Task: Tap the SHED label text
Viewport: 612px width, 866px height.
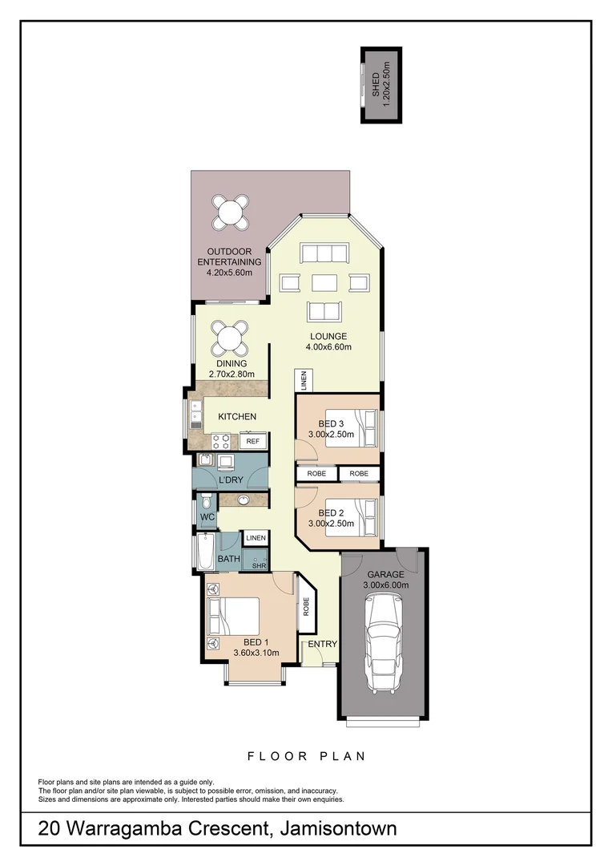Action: click(376, 84)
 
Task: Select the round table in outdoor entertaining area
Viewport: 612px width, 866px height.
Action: click(229, 213)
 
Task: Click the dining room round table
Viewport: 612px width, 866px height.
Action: click(229, 338)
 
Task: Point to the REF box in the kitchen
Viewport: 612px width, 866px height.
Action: click(253, 442)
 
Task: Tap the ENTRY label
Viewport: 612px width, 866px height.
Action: click(322, 644)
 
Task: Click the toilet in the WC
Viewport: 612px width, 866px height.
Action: click(206, 504)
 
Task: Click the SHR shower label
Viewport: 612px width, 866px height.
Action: click(258, 565)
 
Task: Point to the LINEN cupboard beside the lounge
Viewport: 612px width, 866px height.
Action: click(304, 380)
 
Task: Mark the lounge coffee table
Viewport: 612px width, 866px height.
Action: click(324, 282)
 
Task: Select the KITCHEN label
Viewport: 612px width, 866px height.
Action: click(237, 416)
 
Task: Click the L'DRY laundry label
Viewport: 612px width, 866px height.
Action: click(231, 480)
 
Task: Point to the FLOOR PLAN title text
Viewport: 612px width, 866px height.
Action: click(306, 755)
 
